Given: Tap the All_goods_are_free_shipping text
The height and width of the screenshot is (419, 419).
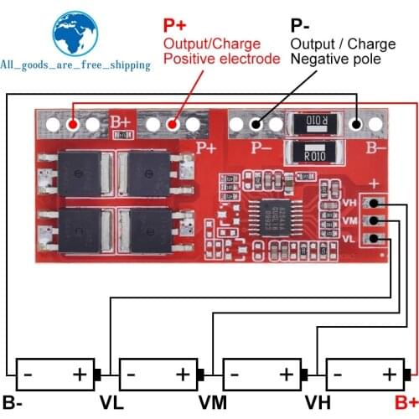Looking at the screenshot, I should [75, 65].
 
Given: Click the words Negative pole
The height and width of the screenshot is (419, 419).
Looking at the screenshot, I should [334, 59].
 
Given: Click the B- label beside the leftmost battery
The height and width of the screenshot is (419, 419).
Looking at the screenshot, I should [13, 401].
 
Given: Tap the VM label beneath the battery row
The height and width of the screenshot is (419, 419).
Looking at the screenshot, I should [214, 401].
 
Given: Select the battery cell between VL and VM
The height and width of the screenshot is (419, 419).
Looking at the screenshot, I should [158, 373].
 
